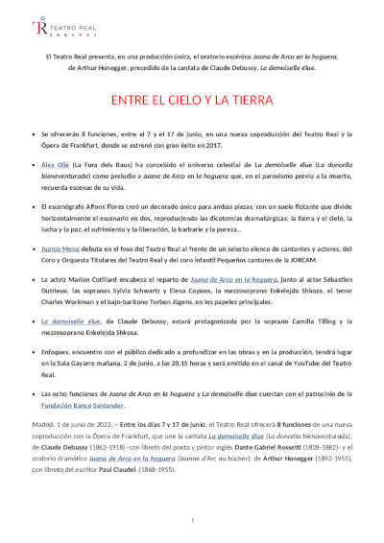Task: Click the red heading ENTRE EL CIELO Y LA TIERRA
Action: coord(192,99)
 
